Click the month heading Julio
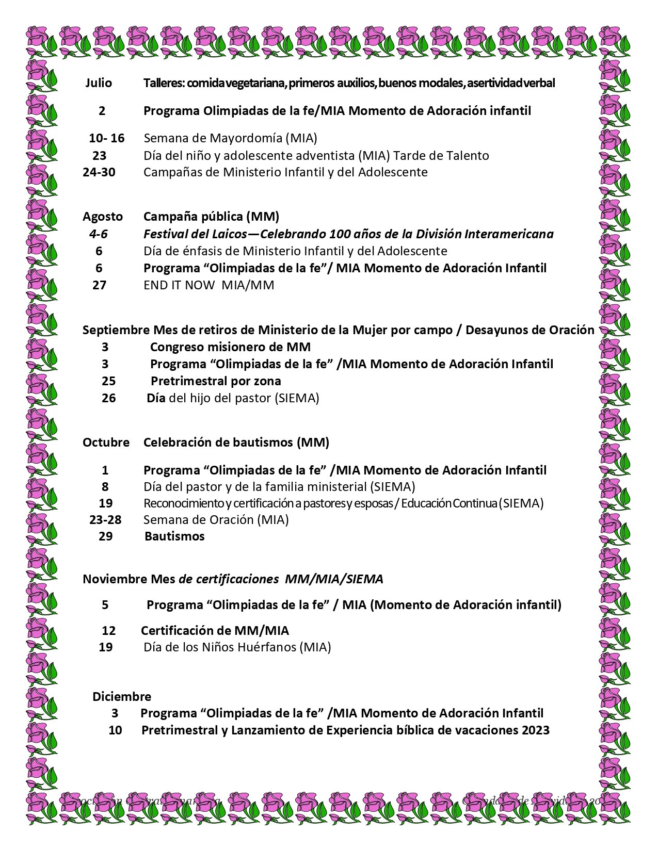[98, 83]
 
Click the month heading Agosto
[103, 216]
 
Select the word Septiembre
[117, 330]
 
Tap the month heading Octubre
[106, 442]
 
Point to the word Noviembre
[115, 579]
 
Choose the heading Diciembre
[122, 696]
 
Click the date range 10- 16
[106, 138]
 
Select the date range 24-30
[99, 172]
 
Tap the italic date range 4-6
[98, 234]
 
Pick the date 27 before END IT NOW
[99, 285]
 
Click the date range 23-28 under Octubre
[105, 519]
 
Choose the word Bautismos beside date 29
[174, 536]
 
